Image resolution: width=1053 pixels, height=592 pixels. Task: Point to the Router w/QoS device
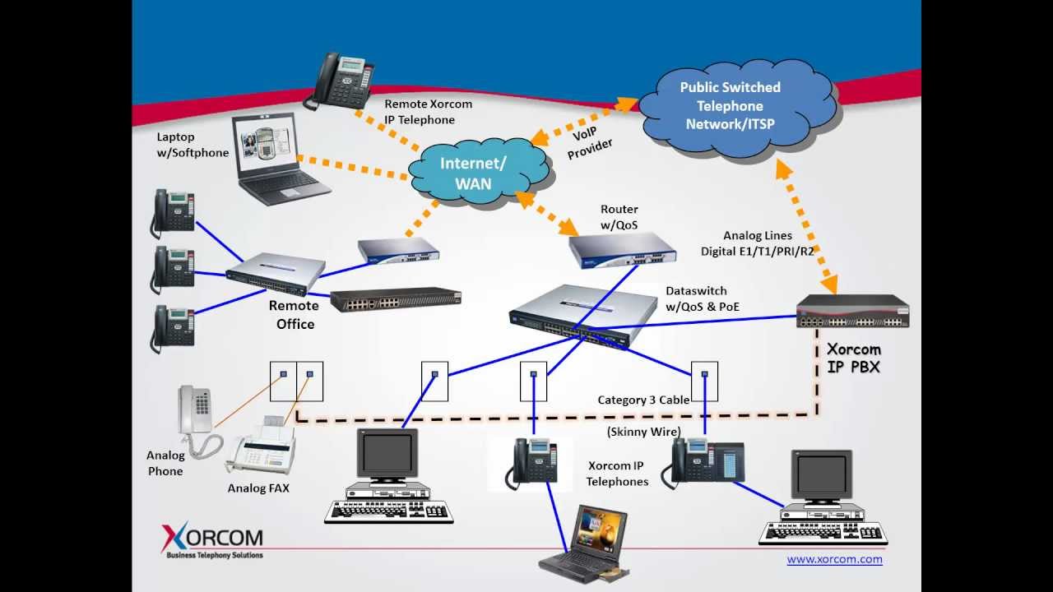[623, 249]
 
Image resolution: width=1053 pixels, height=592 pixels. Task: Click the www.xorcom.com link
[834, 559]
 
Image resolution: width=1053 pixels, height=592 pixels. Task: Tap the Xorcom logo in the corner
[212, 540]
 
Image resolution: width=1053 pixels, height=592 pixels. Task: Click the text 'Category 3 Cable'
[643, 400]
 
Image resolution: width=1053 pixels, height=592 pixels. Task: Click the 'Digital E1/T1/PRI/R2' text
[757, 251]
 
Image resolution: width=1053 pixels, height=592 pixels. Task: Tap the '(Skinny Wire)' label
[643, 432]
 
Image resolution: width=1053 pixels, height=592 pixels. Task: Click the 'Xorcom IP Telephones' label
[617, 474]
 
